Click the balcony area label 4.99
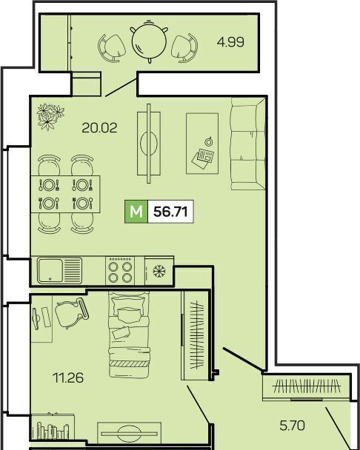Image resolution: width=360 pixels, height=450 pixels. coord(230,42)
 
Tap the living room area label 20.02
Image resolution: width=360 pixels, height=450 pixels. coord(99,128)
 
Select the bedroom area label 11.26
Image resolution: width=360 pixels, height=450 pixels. coord(68,377)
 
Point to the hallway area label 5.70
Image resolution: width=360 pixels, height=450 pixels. coord(292,426)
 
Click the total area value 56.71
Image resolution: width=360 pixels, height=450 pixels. coord(170,212)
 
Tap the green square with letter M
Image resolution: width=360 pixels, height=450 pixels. coord(136,212)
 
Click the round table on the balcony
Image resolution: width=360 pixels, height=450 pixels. coord(149,41)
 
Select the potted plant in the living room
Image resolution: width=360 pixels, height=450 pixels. coord(50,116)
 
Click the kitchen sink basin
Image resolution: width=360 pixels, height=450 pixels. coord(50,270)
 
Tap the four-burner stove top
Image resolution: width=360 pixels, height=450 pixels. coord(120,271)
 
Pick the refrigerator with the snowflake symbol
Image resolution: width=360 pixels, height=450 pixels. coord(159,271)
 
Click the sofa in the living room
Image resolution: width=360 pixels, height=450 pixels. coord(248,144)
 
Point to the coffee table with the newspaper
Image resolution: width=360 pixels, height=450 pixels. coord(202,144)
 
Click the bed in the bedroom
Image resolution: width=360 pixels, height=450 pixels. coord(129,335)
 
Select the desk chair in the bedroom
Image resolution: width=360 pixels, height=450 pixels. coord(71,313)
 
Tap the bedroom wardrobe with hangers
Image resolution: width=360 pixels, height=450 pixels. coord(195,335)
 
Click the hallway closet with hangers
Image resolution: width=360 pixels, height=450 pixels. coord(306,386)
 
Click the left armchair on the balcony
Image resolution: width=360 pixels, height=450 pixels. coord(112,48)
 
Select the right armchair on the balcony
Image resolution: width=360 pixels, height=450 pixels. coord(184,48)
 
